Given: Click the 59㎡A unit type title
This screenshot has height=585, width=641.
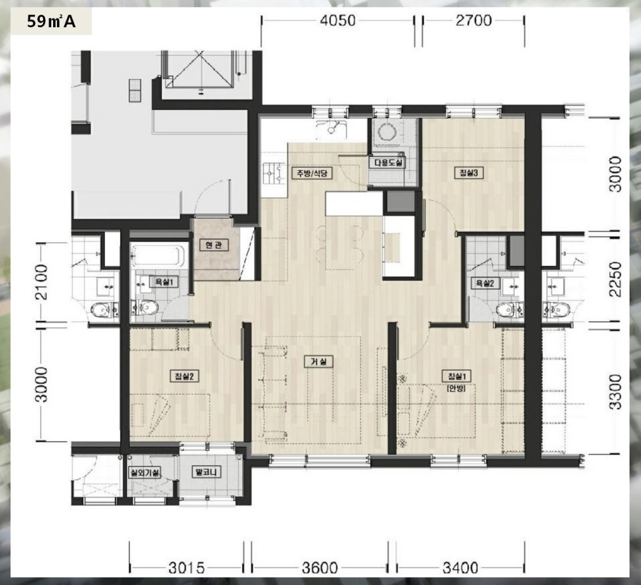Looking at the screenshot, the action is (x=51, y=21).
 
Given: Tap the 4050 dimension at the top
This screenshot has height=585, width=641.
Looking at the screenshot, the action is (x=338, y=20).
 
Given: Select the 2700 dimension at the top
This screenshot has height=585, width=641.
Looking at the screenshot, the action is (x=473, y=20).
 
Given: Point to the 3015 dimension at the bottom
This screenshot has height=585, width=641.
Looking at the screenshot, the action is (x=186, y=568).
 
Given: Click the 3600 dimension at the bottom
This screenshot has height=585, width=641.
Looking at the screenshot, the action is (x=320, y=568).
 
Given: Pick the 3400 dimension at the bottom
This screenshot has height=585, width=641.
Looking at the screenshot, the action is (x=460, y=568).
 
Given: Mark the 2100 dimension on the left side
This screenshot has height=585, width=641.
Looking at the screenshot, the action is (x=41, y=283).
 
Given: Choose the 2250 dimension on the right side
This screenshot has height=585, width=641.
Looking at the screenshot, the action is (x=615, y=279).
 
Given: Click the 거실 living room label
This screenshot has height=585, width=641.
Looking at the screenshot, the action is (x=319, y=361).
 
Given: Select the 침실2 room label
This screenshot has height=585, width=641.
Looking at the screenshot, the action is (x=184, y=376).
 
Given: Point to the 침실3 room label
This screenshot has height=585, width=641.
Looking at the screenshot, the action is (x=469, y=172).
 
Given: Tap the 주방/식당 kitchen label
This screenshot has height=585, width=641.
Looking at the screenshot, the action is (x=313, y=173).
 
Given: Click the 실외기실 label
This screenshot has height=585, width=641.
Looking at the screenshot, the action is (x=144, y=473).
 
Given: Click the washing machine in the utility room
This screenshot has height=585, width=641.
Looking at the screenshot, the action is (x=386, y=131).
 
